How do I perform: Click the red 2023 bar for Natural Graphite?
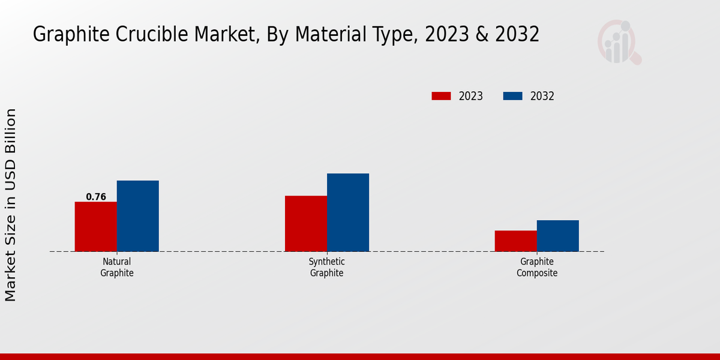(96, 227)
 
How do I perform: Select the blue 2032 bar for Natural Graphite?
(138, 216)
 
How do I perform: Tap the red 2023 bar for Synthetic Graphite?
(306, 224)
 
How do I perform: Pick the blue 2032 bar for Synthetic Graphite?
(348, 212)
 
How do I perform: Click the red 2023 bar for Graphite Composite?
(516, 241)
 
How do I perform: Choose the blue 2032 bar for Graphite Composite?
(558, 236)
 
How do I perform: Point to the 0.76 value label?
(96, 197)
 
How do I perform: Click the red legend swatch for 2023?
(441, 96)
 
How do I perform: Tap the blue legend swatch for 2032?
(512, 96)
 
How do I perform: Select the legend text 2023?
(471, 96)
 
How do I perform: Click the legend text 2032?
(542, 96)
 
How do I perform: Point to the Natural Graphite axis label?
(117, 268)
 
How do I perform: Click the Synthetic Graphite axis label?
(327, 268)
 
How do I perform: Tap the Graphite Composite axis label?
(537, 268)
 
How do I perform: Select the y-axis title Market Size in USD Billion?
(11, 205)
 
